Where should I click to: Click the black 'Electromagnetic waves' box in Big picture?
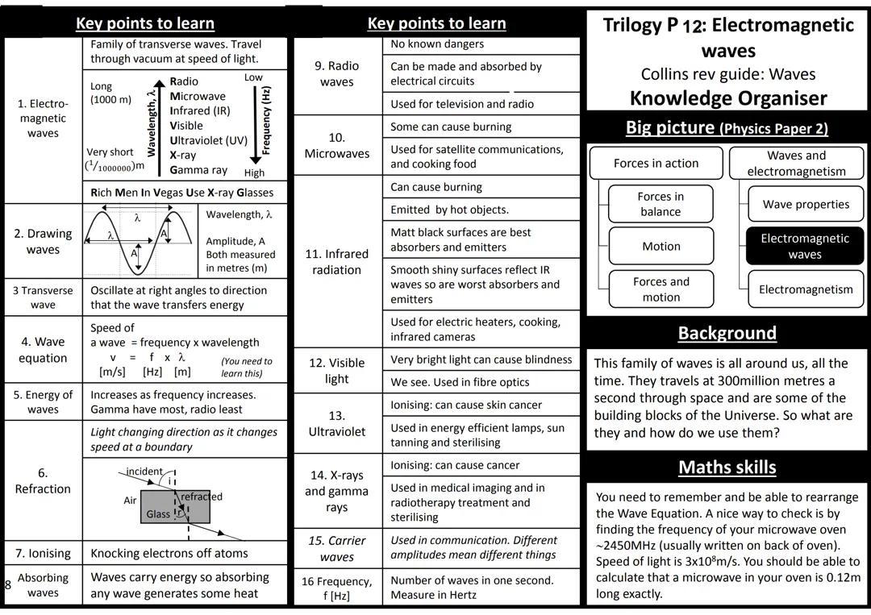pyautogui.click(x=804, y=246)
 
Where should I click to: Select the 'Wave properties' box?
pyautogui.click(x=806, y=204)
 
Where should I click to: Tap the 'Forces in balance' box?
pyautogui.click(x=661, y=204)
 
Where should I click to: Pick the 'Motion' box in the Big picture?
pyautogui.click(x=661, y=247)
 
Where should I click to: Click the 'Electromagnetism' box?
pyautogui.click(x=806, y=289)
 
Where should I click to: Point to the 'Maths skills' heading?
pyautogui.click(x=727, y=467)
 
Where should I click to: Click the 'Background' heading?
pyautogui.click(x=727, y=333)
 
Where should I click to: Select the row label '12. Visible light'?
pyautogui.click(x=337, y=371)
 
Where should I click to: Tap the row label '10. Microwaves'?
pyautogui.click(x=337, y=145)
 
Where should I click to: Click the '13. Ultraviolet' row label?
pyautogui.click(x=337, y=423)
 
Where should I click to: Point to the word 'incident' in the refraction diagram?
pyautogui.click(x=144, y=472)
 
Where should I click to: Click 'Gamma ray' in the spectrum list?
pyautogui.click(x=198, y=170)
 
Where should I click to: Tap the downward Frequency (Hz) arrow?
pyautogui.click(x=256, y=121)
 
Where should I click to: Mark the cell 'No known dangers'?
pyautogui.click(x=437, y=44)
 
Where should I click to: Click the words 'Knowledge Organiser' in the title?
pyautogui.click(x=727, y=98)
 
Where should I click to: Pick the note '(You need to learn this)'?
pyautogui.click(x=247, y=367)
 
